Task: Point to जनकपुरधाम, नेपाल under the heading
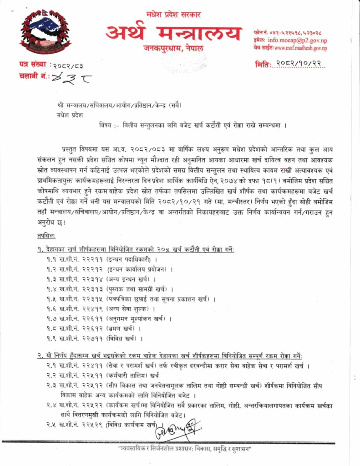click(174, 49)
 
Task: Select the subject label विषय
click(106, 125)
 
